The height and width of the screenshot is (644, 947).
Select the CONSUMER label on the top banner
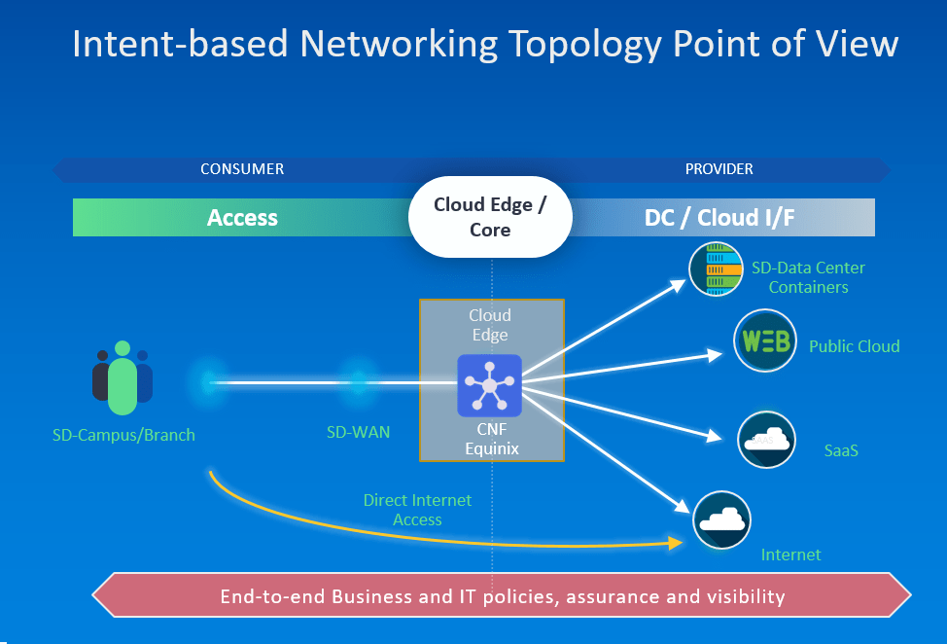tap(242, 169)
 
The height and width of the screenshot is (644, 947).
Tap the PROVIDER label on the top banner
tap(719, 169)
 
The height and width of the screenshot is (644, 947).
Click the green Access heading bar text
tap(242, 218)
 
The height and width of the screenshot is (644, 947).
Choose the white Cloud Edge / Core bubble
tap(490, 217)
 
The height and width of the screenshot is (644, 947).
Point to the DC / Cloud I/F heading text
tap(719, 218)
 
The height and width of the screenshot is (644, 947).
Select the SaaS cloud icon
tap(766, 440)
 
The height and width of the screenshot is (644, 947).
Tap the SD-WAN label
tap(359, 431)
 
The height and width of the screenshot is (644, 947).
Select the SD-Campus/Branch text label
tap(123, 435)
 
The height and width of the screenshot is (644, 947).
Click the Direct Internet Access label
tap(417, 510)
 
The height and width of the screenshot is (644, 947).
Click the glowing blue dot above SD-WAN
tap(358, 382)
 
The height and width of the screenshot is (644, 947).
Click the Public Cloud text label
tap(854, 346)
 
